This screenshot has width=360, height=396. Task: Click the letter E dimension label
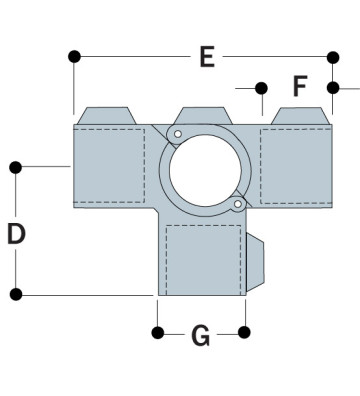pos(206,57)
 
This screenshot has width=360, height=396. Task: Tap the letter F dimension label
pos(299,87)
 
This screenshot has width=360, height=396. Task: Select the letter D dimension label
pos(16,234)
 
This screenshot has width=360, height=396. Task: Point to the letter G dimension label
pos(200,337)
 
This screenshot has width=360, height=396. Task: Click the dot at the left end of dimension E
pos(74,57)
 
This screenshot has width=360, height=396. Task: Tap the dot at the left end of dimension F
pos(261,88)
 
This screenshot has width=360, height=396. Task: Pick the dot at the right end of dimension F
pos(334,88)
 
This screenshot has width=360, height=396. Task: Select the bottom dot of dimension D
pos(16,294)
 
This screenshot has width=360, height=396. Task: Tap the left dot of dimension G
pos(156,332)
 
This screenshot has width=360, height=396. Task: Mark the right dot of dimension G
pos(245,332)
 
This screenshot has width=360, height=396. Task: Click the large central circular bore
pos(203,168)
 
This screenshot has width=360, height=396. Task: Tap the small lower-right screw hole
pos(236,205)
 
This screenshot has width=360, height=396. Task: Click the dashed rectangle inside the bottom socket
pos(203,258)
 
